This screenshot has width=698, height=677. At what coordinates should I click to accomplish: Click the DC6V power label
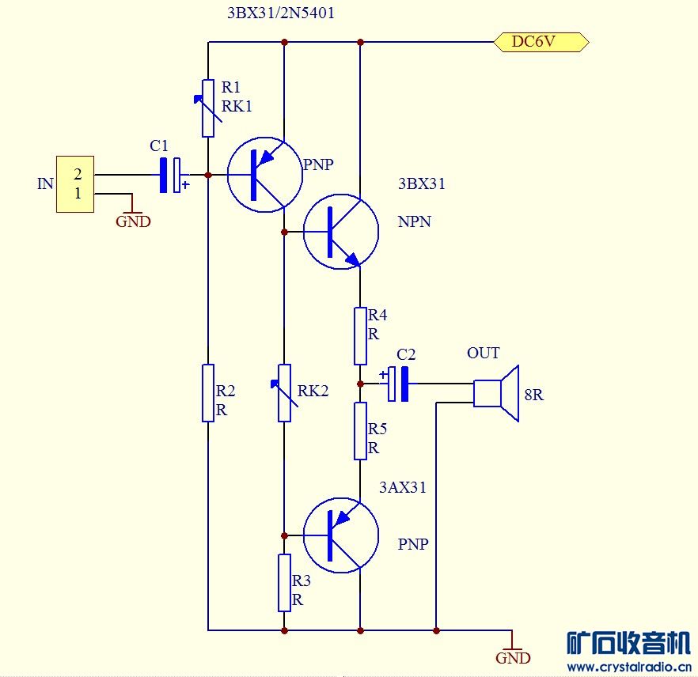tap(541, 42)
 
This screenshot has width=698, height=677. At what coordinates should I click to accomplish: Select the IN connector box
tap(75, 184)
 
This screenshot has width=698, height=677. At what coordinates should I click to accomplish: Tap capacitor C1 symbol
tap(170, 175)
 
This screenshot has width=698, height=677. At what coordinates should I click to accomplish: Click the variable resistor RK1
tap(208, 108)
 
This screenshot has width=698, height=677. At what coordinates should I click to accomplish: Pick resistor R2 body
tap(208, 392)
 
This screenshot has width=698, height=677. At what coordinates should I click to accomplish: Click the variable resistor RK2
tap(284, 392)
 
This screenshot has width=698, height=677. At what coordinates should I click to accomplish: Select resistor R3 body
tap(284, 583)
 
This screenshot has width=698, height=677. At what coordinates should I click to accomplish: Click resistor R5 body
tap(360, 431)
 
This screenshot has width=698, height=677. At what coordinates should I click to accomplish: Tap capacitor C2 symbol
tap(398, 384)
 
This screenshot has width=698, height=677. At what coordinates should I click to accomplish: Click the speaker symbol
tap(495, 393)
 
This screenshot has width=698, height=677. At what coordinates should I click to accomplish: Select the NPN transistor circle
tap(341, 232)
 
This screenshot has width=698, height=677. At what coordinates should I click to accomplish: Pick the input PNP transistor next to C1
tap(264, 175)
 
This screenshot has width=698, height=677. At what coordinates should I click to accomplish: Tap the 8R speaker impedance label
tap(533, 395)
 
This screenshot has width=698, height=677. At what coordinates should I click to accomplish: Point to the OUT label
tap(483, 354)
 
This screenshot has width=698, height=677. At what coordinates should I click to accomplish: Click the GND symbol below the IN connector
tap(132, 220)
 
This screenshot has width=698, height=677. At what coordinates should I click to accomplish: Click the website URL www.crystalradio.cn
tap(629, 667)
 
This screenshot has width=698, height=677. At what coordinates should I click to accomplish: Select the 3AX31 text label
tap(402, 488)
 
